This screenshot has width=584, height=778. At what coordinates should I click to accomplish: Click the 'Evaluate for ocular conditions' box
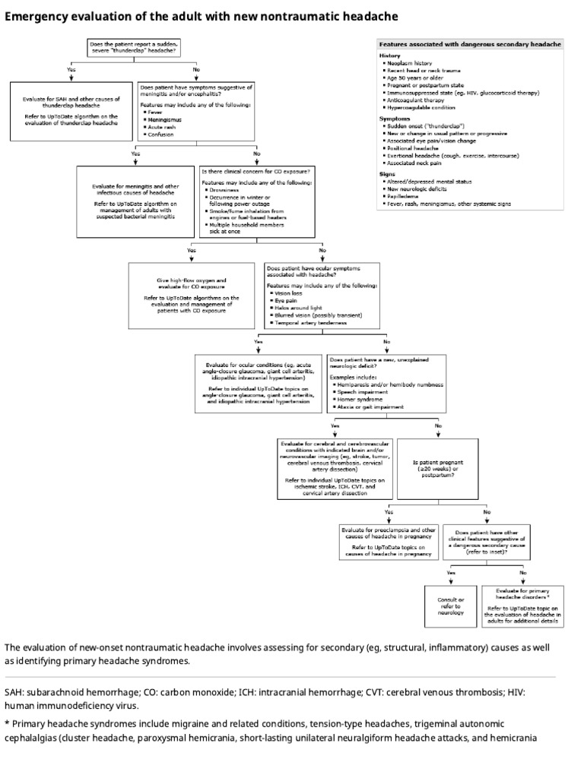259,383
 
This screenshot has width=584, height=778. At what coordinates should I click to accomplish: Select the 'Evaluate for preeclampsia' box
387,540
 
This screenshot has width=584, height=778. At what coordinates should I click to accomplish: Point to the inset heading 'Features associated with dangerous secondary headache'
470,45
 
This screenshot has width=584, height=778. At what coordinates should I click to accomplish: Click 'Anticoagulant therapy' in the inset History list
416,100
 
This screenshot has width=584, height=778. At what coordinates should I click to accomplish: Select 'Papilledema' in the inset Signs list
407,196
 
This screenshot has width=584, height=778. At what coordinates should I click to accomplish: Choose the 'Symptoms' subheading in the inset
395,119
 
